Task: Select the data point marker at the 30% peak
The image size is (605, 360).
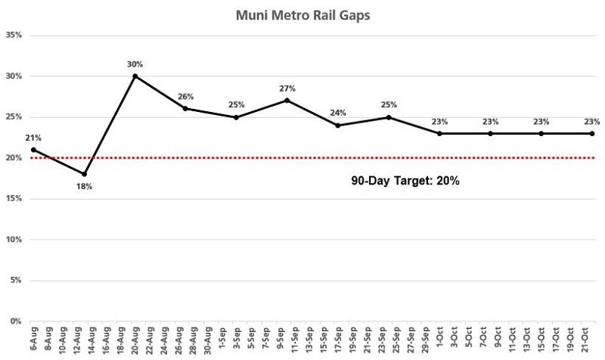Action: click(x=135, y=76)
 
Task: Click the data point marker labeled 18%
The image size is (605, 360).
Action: click(x=84, y=174)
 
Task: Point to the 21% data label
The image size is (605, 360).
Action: click(x=33, y=138)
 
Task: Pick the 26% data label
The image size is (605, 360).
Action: click(x=185, y=97)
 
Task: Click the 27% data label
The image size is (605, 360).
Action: click(x=287, y=88)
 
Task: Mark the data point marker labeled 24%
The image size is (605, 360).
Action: click(x=338, y=125)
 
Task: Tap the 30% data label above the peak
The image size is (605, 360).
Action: click(x=135, y=64)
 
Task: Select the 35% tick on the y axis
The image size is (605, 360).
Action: click(x=14, y=35)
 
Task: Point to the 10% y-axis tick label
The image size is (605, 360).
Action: click(x=14, y=239)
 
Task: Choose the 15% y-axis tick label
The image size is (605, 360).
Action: click(x=14, y=198)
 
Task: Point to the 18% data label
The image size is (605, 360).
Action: click(x=84, y=186)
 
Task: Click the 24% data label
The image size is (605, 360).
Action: click(x=337, y=113)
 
